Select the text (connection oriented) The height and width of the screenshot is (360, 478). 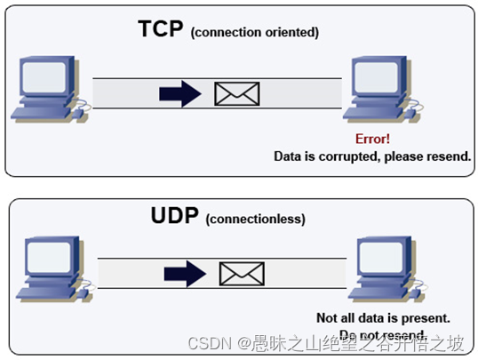click(254, 33)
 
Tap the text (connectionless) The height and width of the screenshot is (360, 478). click(255, 219)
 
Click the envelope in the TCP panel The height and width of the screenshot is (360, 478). click(237, 93)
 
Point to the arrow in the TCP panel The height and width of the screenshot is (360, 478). click(180, 93)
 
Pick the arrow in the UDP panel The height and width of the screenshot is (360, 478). click(187, 273)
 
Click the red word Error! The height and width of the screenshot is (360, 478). click(372, 140)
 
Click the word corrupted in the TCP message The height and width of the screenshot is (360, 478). click(353, 156)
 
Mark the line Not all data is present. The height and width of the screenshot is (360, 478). click(384, 317)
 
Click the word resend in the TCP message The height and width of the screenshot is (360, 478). click(450, 156)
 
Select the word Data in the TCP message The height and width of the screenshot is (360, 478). click(289, 156)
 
